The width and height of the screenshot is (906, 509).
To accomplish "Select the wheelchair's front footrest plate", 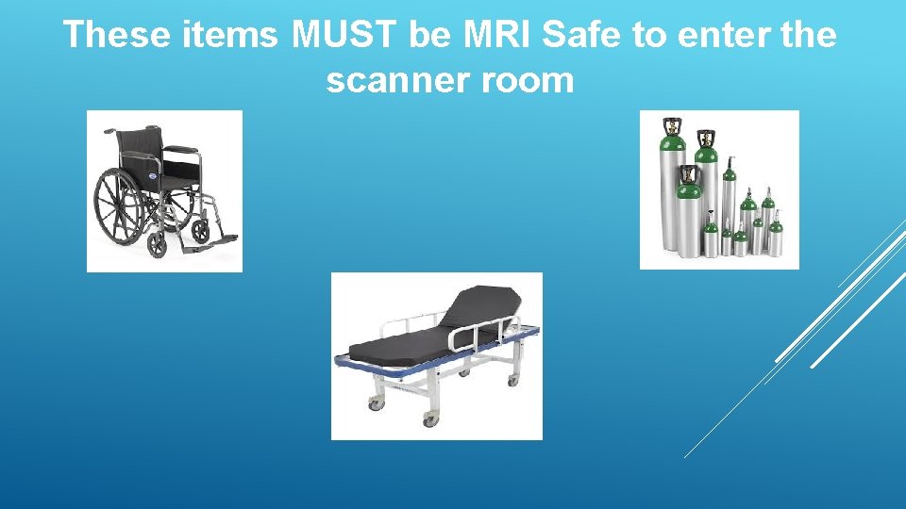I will click(222, 241).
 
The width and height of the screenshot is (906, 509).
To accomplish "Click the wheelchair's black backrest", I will click(141, 156).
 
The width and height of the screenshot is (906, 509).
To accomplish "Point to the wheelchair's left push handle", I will click(109, 132).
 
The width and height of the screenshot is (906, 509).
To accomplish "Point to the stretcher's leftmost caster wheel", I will click(375, 402).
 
